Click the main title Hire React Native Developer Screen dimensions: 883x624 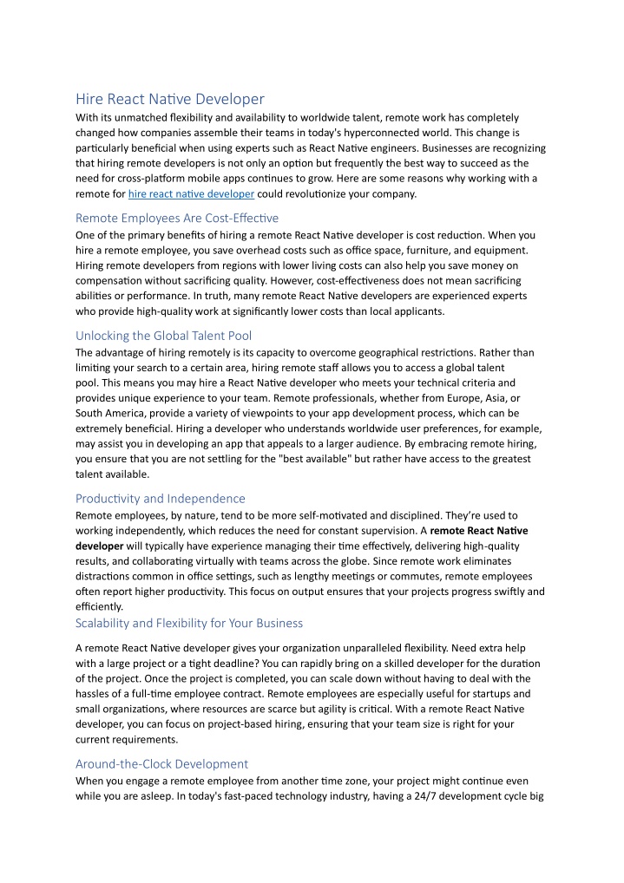[x=170, y=99]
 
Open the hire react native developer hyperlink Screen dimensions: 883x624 [x=191, y=194]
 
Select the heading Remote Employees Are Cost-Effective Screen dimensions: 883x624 [x=177, y=218]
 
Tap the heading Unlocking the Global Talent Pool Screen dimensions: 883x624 [x=164, y=336]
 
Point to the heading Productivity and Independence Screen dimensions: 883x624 [x=161, y=499]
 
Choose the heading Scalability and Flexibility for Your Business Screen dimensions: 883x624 [x=189, y=623]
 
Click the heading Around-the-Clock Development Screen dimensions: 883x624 [x=162, y=764]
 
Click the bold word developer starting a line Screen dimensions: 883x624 [x=99, y=546]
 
